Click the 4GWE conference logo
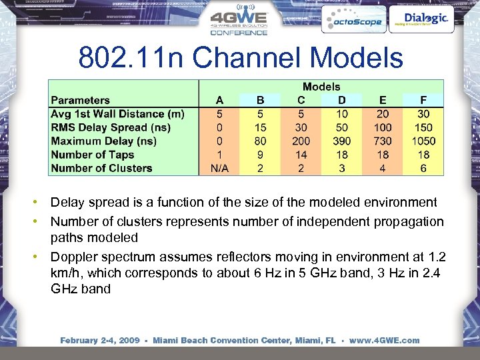pyautogui.click(x=239, y=22)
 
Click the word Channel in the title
pyautogui.click(x=245, y=58)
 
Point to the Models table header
pyautogui.click(x=321, y=87)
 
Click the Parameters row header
pyautogui.click(x=81, y=101)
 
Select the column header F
pyautogui.click(x=423, y=101)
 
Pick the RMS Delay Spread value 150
pyautogui.click(x=423, y=127)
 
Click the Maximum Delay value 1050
pyautogui.click(x=423, y=141)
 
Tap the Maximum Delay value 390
pyautogui.click(x=342, y=141)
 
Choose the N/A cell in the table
pyautogui.click(x=220, y=168)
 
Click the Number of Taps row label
pyautogui.click(x=93, y=155)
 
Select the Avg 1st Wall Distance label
pyautogui.click(x=118, y=114)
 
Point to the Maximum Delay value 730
pyautogui.click(x=383, y=141)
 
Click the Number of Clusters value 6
pyautogui.click(x=423, y=168)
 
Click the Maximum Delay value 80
pyautogui.click(x=260, y=141)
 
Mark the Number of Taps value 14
pyautogui.click(x=301, y=155)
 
